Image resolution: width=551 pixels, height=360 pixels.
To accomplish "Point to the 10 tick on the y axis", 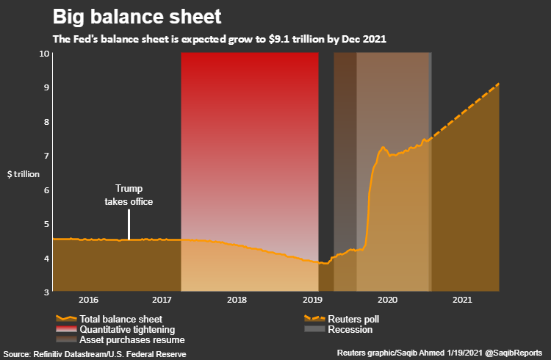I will tap(44, 54).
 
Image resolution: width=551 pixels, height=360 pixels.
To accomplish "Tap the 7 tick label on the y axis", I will tap(46, 156).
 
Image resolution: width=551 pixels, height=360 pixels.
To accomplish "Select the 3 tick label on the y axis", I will tap(46, 292).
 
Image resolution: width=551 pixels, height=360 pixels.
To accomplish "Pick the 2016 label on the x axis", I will tap(88, 300).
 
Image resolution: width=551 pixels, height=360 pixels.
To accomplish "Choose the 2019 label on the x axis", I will tap(312, 300).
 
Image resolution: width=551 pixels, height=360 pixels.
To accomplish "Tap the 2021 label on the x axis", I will tap(462, 300).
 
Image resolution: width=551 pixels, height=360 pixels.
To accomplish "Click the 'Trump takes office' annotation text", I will tap(129, 195).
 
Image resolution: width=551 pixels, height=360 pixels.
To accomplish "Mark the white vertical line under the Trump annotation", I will tap(129, 224).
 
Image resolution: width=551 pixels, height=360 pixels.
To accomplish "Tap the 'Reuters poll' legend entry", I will tap(353, 320).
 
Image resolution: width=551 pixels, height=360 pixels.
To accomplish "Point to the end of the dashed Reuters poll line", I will tap(499, 84).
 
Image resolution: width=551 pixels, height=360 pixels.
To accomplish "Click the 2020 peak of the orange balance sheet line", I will tap(383, 148).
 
